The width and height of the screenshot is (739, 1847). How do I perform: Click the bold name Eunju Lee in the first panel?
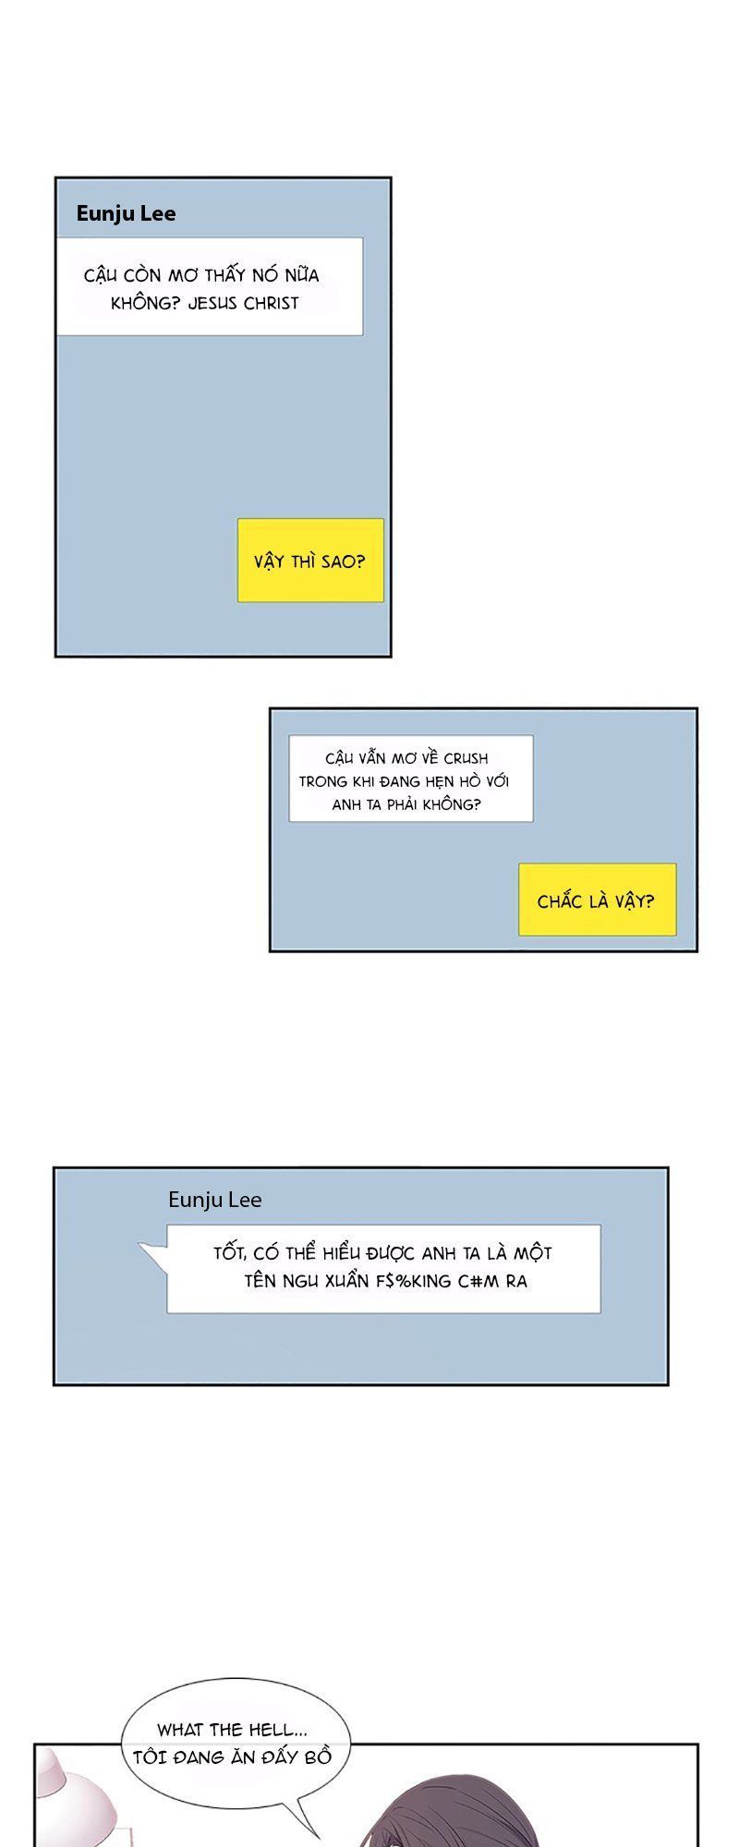coord(126,213)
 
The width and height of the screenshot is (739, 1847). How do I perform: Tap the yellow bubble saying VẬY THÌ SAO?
coord(310,561)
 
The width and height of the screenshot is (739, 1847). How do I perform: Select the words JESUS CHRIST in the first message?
coord(243,303)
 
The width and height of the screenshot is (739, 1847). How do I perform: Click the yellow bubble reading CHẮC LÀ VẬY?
coord(597,899)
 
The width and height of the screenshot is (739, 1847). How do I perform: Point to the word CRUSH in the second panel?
coord(466,758)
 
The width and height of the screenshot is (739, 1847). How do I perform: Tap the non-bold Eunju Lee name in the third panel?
coord(215,1200)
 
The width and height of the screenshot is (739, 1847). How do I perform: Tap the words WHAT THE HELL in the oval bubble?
coord(225,1730)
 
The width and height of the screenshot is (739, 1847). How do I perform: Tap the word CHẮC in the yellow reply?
coord(560,900)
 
